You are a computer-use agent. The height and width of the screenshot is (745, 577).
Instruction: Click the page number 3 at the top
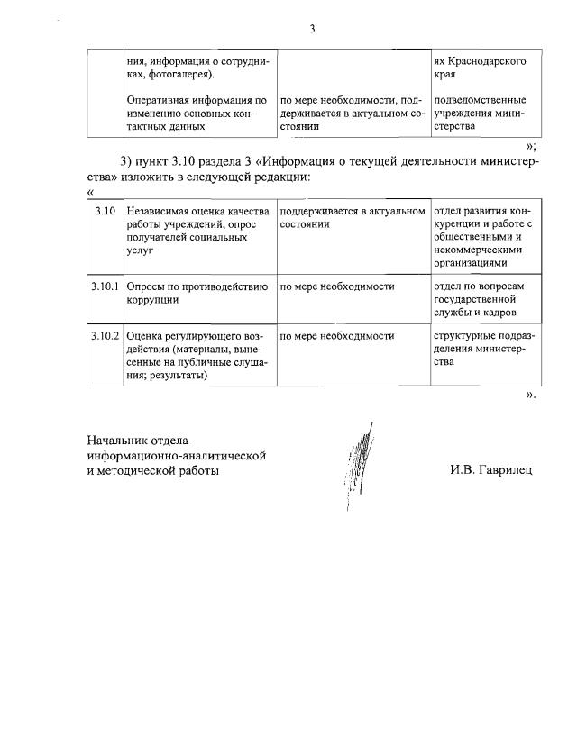312,29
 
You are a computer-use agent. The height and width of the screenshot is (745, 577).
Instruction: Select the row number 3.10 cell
105,211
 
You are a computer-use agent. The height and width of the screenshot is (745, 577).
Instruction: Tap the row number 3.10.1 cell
105,286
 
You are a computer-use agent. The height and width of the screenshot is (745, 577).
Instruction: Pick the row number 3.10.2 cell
105,335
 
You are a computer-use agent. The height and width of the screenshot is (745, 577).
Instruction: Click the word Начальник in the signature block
118,441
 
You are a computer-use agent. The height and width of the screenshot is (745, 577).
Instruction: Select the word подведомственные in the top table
480,100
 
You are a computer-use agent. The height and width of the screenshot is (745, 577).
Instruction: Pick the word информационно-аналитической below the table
176,455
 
